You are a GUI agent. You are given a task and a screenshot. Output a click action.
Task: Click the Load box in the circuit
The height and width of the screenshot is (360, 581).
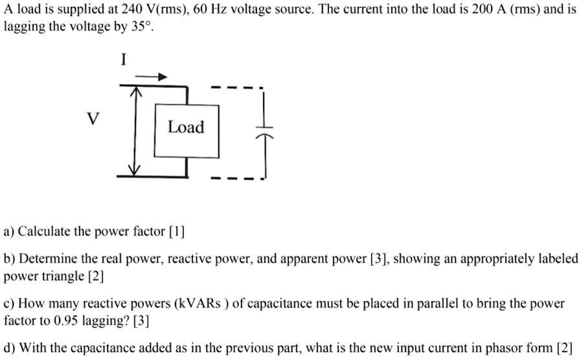(186, 128)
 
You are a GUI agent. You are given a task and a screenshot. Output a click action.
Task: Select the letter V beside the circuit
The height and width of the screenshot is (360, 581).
(94, 119)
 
